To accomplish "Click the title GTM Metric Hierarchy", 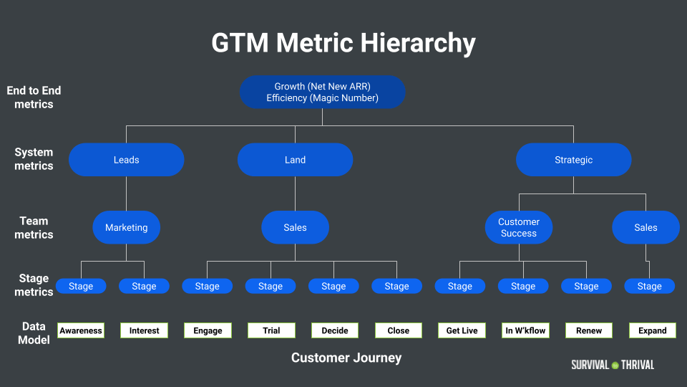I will [x=343, y=43].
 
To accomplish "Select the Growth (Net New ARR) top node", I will [x=322, y=92].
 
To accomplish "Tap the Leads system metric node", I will [x=126, y=160].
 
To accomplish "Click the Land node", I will [x=295, y=160].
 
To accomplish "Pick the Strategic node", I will [x=573, y=160].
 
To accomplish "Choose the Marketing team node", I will [x=126, y=228].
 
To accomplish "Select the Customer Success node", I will [x=519, y=228].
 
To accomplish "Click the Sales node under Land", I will [x=295, y=228].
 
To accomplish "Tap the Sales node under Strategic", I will [x=645, y=228].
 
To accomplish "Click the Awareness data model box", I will [x=81, y=330].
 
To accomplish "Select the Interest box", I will [x=144, y=330].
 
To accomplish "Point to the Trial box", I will [x=271, y=330].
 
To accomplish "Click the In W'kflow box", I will [x=525, y=330].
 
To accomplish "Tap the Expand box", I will [x=652, y=330].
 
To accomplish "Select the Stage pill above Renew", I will [x=586, y=286].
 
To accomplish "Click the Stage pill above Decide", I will [x=333, y=286].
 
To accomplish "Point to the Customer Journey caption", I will [x=346, y=358].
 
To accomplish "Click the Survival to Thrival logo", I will [x=613, y=365].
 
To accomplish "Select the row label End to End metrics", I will [x=34, y=97].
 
